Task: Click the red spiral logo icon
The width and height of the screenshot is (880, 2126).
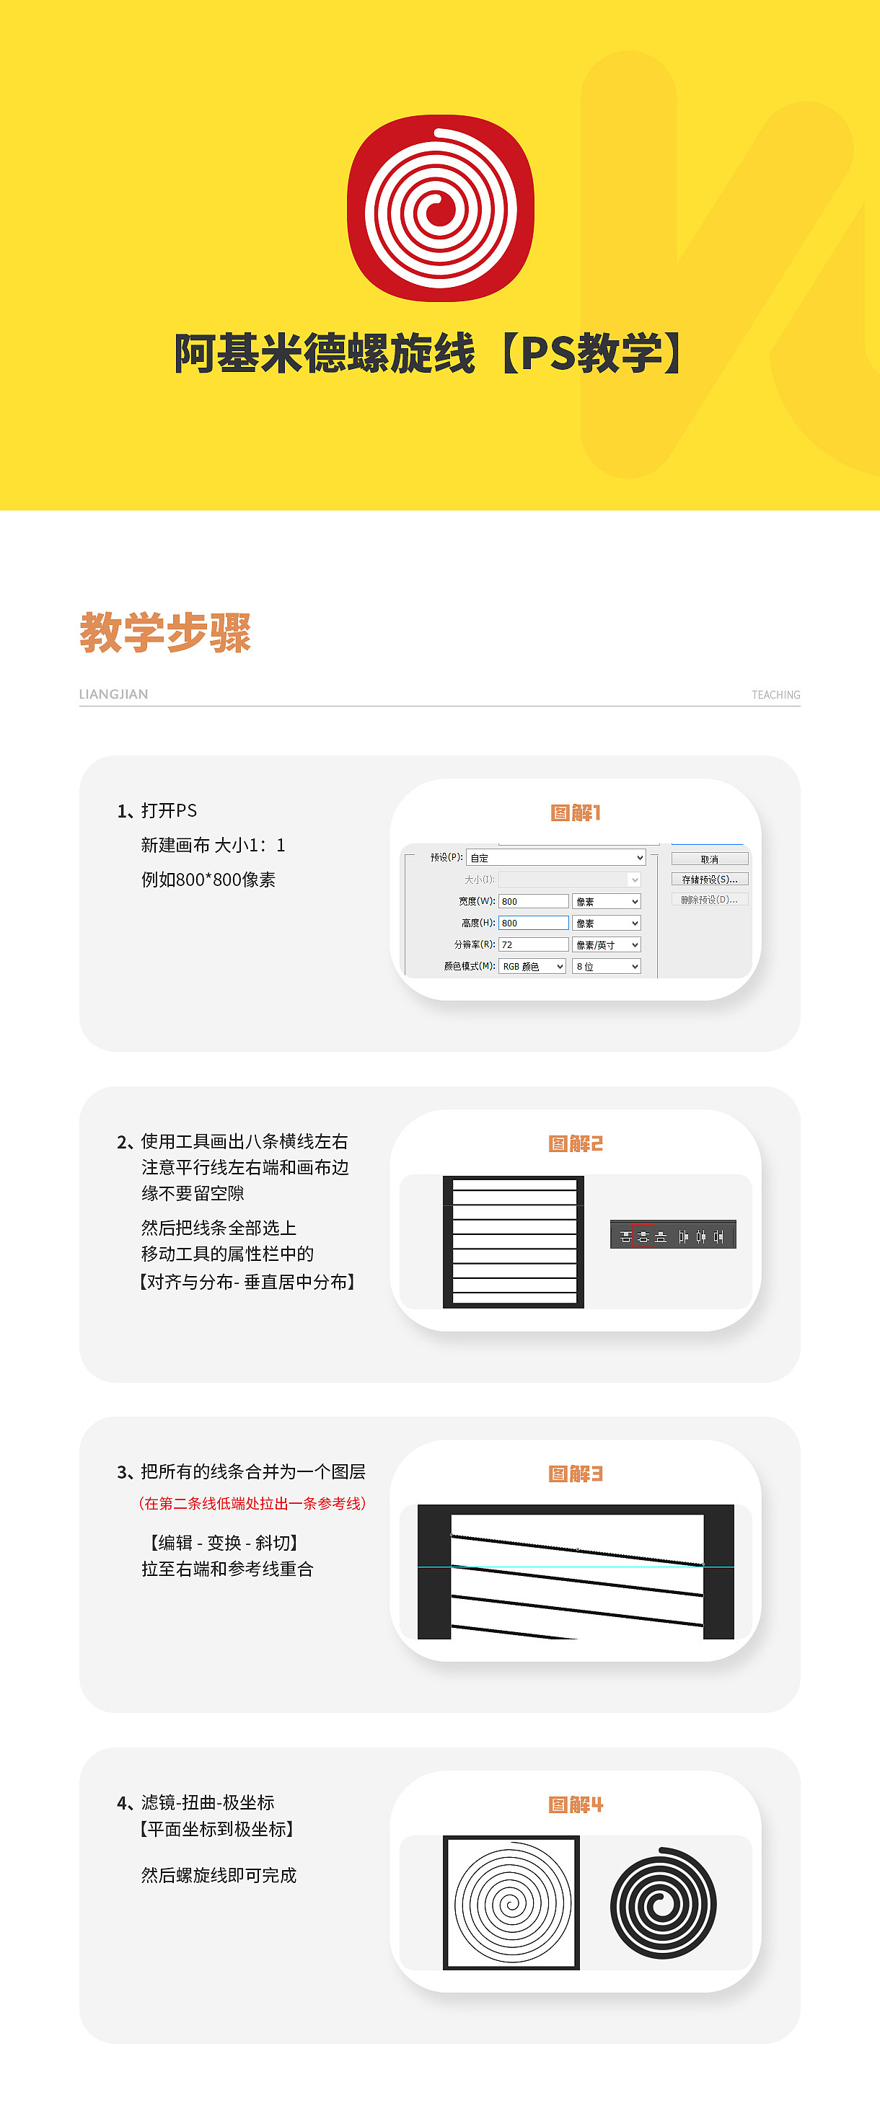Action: tap(441, 208)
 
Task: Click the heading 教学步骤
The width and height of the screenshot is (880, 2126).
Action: tap(165, 633)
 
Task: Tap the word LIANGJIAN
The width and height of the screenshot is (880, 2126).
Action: tap(113, 694)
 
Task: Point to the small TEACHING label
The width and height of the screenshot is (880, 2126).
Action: tap(775, 695)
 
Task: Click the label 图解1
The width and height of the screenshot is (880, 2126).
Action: tap(576, 813)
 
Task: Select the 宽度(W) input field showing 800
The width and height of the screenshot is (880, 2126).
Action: tap(533, 901)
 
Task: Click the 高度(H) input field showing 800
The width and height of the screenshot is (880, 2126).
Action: tap(533, 923)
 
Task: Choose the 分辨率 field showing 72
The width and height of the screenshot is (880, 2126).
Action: tap(533, 944)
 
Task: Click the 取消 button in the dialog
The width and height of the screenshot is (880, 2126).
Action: tap(710, 859)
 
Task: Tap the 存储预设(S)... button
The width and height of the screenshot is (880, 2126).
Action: tap(710, 880)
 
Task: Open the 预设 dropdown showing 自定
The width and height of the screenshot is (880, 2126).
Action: tap(555, 857)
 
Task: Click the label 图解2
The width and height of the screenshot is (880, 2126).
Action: tap(576, 1144)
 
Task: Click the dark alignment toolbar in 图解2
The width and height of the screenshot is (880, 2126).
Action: tap(673, 1235)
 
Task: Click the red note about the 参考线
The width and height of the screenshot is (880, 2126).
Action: tap(252, 1503)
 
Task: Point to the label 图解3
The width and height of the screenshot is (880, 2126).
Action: tap(576, 1474)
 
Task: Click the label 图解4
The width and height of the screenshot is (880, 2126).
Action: tap(576, 1805)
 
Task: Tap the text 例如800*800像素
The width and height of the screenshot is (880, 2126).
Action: tap(208, 880)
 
